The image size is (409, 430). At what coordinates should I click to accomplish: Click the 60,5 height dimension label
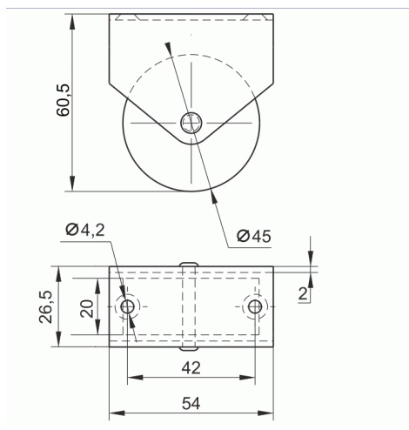tap(63, 100)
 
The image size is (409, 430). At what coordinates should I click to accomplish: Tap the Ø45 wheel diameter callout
tap(254, 236)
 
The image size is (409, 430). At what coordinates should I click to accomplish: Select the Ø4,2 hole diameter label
tap(85, 230)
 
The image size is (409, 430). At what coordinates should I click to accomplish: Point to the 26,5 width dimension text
tap(45, 306)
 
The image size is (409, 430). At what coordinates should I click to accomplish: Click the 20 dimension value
tap(87, 309)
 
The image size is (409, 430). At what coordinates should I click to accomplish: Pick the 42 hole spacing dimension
tap(191, 368)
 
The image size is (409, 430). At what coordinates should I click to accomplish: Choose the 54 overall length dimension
tap(191, 403)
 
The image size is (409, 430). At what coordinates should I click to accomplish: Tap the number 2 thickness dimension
tap(303, 294)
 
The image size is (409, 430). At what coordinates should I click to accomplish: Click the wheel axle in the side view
tap(191, 123)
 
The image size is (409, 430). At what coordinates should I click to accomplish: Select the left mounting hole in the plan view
tap(127, 306)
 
